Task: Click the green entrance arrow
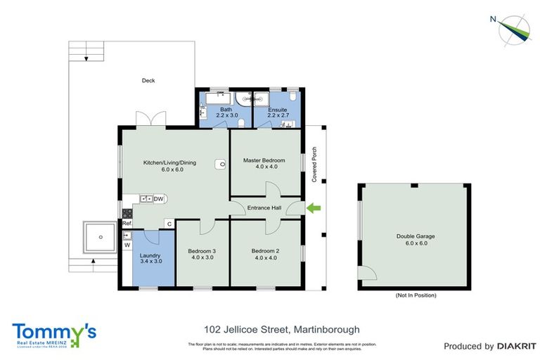pyautogui.click(x=313, y=207)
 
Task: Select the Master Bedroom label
pyautogui.click(x=266, y=160)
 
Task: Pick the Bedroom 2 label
pyautogui.click(x=266, y=250)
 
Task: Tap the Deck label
pyautogui.click(x=148, y=81)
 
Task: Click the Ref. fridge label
pyautogui.click(x=127, y=224)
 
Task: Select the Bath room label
pyautogui.click(x=226, y=110)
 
